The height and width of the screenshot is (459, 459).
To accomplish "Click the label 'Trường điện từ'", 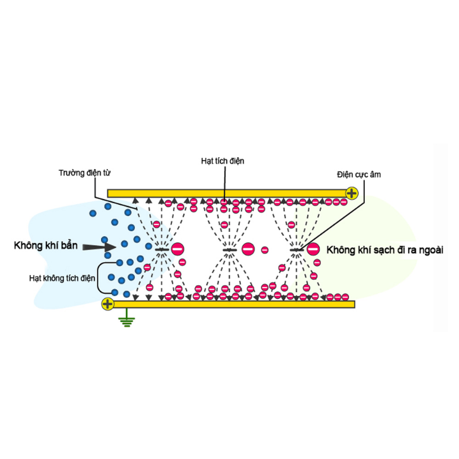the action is point(84,173).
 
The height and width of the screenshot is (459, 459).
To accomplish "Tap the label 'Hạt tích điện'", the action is point(223,161).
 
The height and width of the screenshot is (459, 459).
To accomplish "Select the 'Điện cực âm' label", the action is point(359,175).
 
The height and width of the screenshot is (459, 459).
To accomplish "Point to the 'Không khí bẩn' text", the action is point(46,246).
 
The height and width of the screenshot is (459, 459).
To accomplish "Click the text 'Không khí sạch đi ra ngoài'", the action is point(384,250).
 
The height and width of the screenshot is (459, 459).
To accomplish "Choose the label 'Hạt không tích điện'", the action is point(62,278).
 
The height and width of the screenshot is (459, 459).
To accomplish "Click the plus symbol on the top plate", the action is point(352,193).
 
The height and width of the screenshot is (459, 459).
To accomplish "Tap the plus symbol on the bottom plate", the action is point(107,304).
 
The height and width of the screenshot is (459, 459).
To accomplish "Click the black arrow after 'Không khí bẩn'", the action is point(99,247).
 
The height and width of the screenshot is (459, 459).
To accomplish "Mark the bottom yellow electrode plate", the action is point(234,304).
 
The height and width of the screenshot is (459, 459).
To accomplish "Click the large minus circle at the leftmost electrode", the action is point(177,249).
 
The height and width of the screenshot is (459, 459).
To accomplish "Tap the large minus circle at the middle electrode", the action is point(248,249).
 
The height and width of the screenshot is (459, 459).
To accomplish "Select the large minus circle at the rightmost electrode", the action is point(313,249).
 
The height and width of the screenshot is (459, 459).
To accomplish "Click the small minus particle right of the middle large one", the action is point(264,250).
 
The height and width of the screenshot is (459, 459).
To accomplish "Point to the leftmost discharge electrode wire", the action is point(162,250).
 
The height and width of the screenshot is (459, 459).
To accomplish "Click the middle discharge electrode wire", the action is point(229,250).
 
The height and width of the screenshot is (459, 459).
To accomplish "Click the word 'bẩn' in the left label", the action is point(69,246).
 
